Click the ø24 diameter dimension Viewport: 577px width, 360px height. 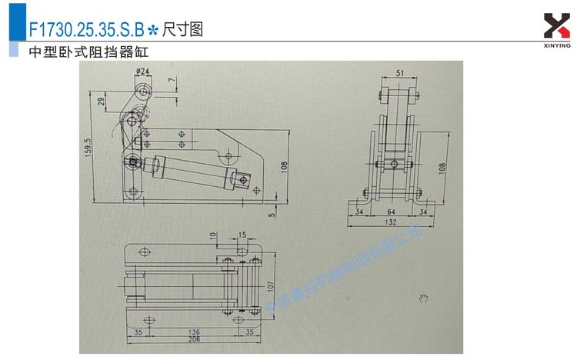(x=143, y=72)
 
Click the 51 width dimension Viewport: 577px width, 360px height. (x=399, y=75)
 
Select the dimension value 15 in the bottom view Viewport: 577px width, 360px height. (x=242, y=235)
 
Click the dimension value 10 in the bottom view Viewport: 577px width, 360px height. (x=213, y=236)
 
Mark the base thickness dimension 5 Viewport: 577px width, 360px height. (x=272, y=214)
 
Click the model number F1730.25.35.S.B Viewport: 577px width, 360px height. (x=85, y=30)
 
